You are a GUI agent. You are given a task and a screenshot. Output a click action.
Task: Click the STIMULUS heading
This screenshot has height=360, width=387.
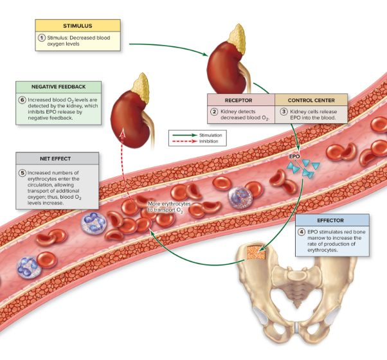(78, 26)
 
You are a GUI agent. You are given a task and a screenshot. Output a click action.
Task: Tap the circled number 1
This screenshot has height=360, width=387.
(40, 38)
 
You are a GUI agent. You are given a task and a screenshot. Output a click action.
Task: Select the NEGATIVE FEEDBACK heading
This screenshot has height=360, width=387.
(59, 86)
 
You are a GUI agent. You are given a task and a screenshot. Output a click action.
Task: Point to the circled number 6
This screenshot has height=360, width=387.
(22, 100)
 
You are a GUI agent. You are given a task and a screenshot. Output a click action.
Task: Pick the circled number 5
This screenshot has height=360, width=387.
(22, 173)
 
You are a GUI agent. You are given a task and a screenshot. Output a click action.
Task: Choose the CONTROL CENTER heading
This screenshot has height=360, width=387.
(310, 100)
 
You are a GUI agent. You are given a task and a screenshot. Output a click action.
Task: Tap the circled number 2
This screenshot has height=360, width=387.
(215, 112)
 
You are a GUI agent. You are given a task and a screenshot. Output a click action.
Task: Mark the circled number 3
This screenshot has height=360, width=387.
(284, 112)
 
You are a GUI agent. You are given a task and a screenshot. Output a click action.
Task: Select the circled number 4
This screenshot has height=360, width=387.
(302, 232)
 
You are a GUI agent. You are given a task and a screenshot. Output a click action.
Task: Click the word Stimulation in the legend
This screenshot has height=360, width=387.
(210, 136)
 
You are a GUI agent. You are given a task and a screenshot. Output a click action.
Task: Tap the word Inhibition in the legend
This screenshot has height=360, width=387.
(209, 141)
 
